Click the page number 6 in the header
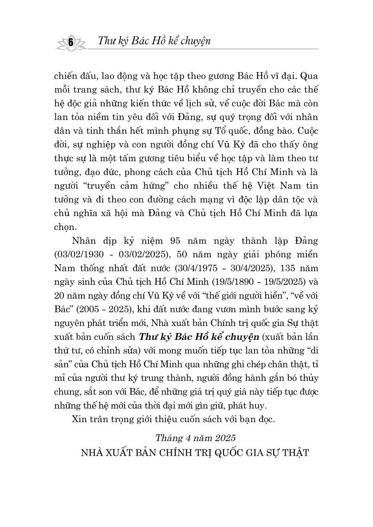71,42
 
